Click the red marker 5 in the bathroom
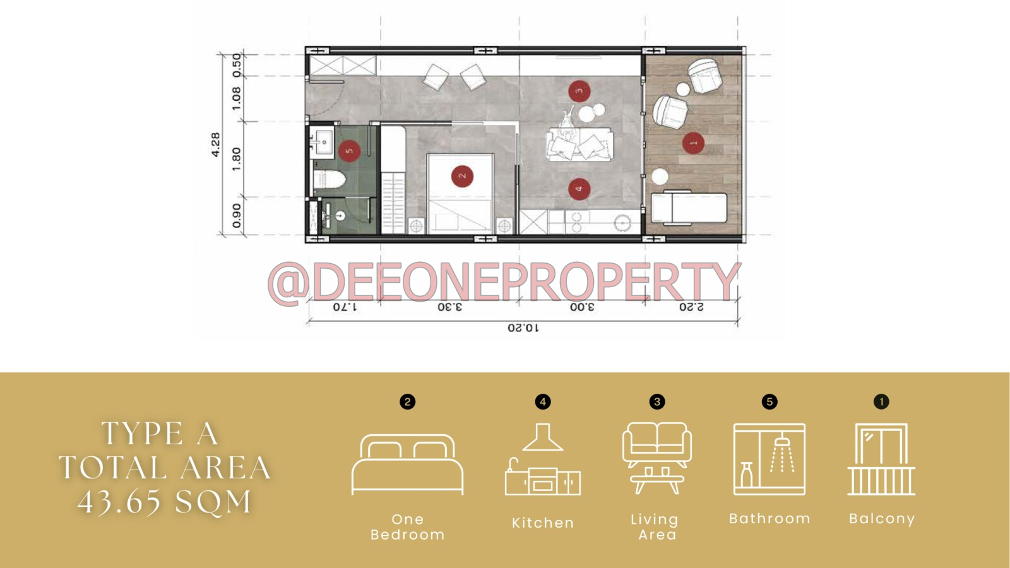click(x=349, y=151)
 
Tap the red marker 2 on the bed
click(x=462, y=176)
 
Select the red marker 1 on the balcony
click(x=693, y=143)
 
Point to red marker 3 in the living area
click(x=579, y=92)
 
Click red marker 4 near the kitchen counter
click(x=579, y=189)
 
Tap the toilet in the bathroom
click(x=330, y=180)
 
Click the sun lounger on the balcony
click(x=689, y=208)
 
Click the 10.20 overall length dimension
click(x=523, y=328)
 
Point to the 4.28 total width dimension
click(x=215, y=145)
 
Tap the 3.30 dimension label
click(x=449, y=307)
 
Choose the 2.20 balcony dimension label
click(x=691, y=307)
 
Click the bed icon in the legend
click(x=407, y=464)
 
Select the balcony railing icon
click(x=881, y=459)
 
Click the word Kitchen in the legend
click(x=543, y=523)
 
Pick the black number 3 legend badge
click(x=657, y=401)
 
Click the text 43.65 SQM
click(x=164, y=502)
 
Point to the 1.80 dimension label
click(x=236, y=159)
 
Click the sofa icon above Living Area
click(x=657, y=458)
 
